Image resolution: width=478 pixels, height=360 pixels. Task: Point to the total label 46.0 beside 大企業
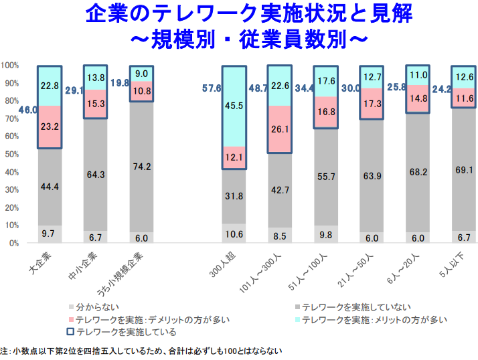[27, 110]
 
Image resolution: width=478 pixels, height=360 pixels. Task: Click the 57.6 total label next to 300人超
[212, 88]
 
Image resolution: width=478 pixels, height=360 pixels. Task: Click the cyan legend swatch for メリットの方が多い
[296, 320]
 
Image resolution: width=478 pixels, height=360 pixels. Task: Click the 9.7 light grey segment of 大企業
[49, 234]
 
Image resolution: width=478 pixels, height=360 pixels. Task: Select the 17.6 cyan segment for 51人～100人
[325, 81]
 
